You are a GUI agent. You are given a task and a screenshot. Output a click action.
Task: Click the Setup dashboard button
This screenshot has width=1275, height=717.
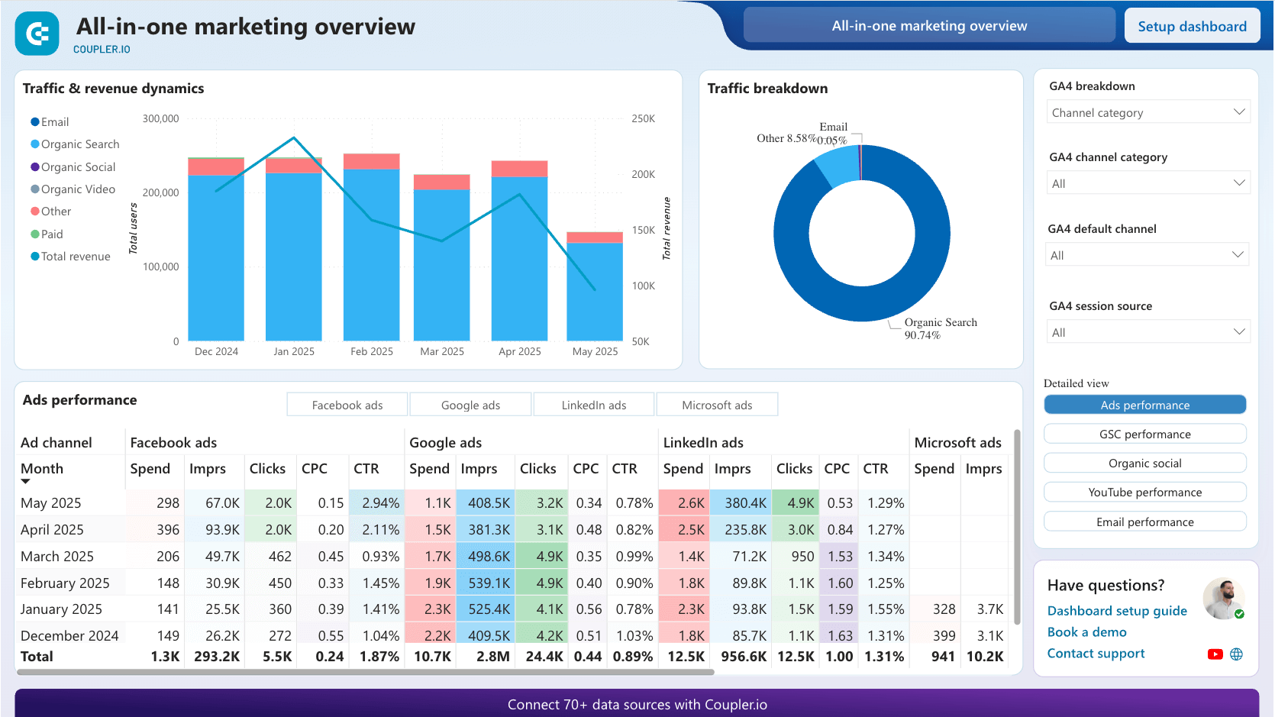pos(1192,27)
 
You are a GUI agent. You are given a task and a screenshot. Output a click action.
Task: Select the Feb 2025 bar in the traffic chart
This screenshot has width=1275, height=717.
pos(371,252)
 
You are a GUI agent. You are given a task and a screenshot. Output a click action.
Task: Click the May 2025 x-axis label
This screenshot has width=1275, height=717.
pos(595,351)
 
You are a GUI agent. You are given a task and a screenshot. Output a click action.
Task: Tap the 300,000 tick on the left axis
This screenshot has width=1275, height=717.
pos(160,118)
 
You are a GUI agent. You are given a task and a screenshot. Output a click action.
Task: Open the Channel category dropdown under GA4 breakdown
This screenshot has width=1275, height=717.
pos(1147,112)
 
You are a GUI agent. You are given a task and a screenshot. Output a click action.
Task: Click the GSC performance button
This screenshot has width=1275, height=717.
pos(1144,434)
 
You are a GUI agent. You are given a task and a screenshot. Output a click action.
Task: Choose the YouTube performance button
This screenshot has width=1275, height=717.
pos(1144,493)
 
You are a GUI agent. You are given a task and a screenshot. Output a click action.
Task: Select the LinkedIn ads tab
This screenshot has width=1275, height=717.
pos(593,405)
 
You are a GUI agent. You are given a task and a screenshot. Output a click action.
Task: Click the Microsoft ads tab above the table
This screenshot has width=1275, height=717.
pos(716,405)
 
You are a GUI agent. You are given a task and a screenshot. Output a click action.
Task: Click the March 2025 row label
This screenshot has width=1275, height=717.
pos(57,557)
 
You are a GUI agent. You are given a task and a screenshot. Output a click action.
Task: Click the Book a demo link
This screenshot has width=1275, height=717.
pos(1086,632)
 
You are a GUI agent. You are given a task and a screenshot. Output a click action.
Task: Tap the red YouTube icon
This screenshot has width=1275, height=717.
pos(1215,654)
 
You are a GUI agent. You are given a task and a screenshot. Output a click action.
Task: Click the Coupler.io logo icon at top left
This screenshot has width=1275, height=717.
pos(37,34)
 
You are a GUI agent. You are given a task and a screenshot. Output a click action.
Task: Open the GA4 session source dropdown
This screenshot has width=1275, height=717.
pos(1147,332)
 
